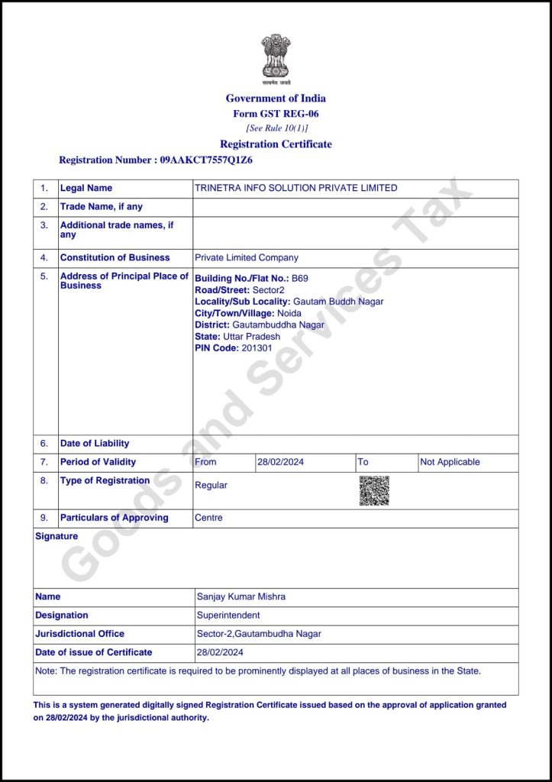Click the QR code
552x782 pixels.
pos(374,491)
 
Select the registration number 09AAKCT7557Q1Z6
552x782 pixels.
pos(206,160)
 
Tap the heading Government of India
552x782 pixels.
pos(276,98)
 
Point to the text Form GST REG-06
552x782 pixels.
pos(276,114)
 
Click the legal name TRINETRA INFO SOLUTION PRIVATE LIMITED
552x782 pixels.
pos(296,188)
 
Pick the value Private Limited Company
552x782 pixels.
pos(247,258)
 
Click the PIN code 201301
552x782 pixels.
pos(257,348)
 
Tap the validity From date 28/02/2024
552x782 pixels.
pos(280,462)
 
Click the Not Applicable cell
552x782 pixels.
pos(450,462)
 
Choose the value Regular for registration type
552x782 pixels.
pos(211,485)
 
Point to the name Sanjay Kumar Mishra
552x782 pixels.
pos(241,596)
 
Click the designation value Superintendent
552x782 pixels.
pos(228,616)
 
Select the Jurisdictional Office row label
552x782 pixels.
pos(79,634)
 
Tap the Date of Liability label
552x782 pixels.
pos(95,444)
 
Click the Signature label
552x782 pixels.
pos(56,536)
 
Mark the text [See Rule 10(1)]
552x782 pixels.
pos(276,128)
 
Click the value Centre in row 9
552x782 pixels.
pos(208,518)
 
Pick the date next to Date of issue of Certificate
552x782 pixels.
pos(220,652)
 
